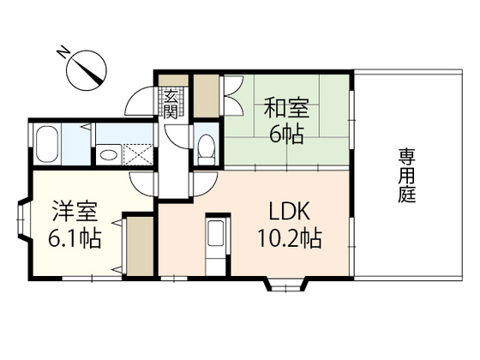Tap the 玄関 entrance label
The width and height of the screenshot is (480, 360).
click(171, 104)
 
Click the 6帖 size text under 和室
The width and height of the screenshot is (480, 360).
click(285, 135)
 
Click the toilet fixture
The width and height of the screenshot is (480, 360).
click(205, 147)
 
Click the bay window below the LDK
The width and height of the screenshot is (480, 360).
click(282, 283)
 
